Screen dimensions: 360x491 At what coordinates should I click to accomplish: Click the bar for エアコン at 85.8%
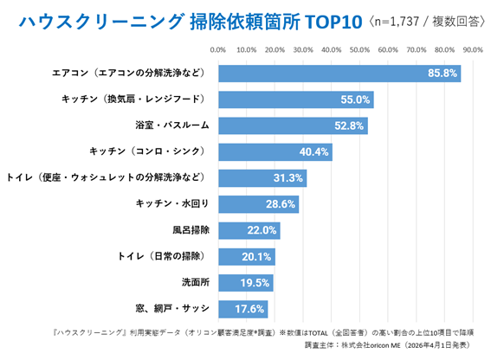(x=339, y=74)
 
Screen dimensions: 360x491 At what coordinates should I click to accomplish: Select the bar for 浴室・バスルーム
(x=293, y=125)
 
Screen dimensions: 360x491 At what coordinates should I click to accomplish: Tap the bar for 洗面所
(x=245, y=283)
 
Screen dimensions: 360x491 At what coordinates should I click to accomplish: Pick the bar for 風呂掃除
(x=249, y=230)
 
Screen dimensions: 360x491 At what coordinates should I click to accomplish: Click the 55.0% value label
(x=356, y=100)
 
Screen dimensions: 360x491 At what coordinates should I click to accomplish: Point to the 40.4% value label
(x=314, y=152)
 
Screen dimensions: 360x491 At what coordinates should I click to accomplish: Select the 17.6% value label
(x=250, y=309)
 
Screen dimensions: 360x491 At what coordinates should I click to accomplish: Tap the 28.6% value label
(x=281, y=204)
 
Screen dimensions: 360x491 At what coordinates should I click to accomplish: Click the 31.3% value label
(x=289, y=178)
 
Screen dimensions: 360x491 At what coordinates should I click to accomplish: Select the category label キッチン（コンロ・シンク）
(x=149, y=152)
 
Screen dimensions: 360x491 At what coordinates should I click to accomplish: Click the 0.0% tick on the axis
(x=218, y=50)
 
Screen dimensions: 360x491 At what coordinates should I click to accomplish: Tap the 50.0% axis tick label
(x=359, y=50)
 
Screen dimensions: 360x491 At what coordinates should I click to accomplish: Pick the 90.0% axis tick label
(x=472, y=50)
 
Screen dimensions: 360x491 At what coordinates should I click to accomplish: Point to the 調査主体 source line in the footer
(x=389, y=344)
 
